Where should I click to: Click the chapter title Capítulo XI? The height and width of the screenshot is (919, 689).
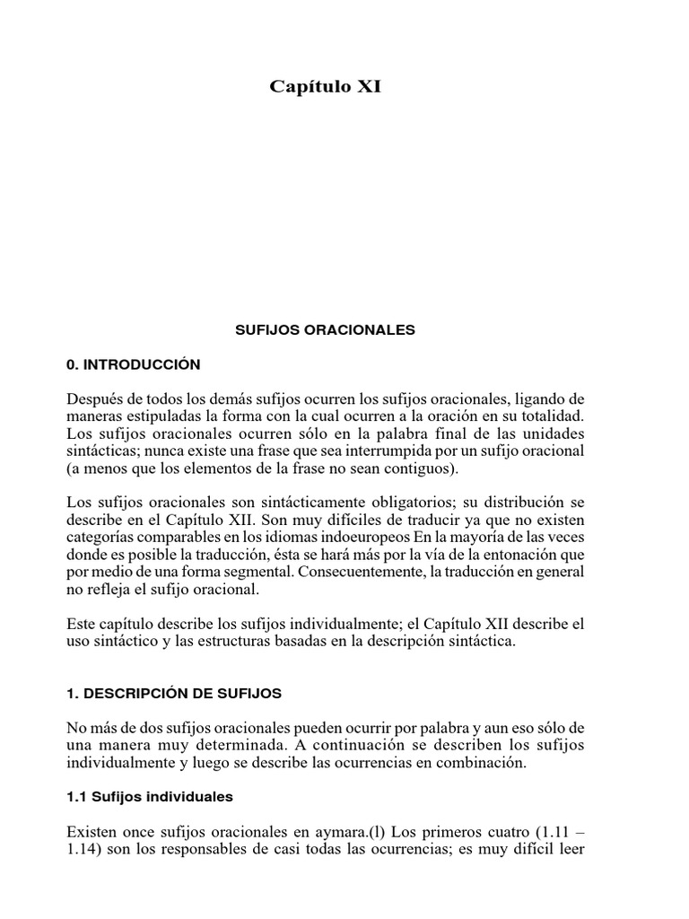[326, 87]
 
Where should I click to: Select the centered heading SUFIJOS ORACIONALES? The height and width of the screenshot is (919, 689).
[325, 330]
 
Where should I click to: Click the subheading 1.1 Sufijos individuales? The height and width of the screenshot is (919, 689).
[150, 796]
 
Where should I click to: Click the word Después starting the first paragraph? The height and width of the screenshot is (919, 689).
[96, 398]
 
